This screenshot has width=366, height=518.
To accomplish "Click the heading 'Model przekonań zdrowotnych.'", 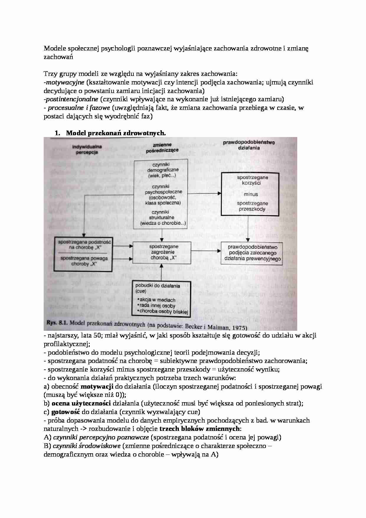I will [x=116, y=133].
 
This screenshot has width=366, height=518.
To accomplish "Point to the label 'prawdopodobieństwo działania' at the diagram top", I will [x=249, y=145].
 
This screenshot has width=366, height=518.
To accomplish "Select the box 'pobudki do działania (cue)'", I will [x=161, y=299].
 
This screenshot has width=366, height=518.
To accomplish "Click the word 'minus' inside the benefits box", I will [x=251, y=194].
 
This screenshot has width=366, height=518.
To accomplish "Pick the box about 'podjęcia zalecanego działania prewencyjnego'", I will [x=252, y=253].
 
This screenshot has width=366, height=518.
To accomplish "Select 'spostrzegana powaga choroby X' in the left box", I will [x=83, y=261].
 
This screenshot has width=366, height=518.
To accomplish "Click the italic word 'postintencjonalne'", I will [x=72, y=99].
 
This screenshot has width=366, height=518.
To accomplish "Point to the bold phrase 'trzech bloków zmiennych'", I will [x=200, y=429].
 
